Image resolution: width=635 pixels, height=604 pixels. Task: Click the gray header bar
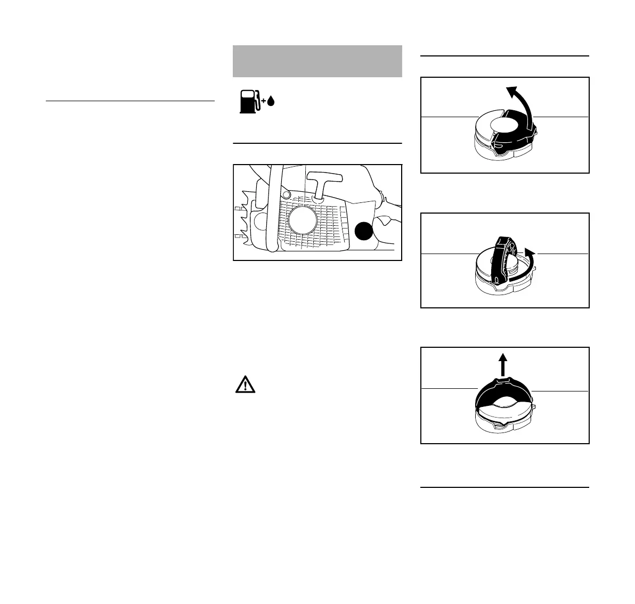[317, 61]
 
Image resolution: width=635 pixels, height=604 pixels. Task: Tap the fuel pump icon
[248, 102]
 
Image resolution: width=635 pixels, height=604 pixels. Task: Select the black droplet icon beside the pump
[270, 102]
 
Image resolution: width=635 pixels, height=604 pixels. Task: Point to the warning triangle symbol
[245, 385]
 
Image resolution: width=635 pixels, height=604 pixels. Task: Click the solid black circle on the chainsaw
[364, 231]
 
